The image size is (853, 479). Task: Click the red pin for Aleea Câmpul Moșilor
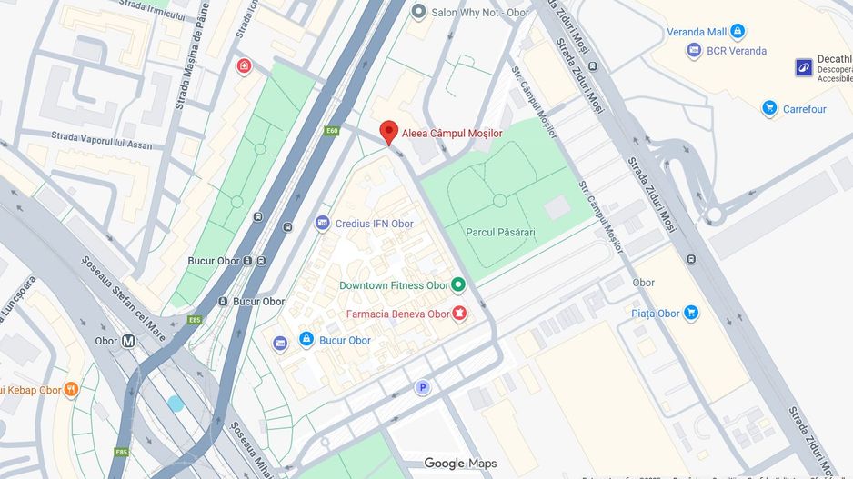click(x=389, y=132)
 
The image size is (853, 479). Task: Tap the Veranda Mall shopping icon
click(x=738, y=32)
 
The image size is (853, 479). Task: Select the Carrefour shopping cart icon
click(x=769, y=109)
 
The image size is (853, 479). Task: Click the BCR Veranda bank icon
click(x=695, y=51)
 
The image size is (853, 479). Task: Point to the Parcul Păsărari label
click(x=500, y=233)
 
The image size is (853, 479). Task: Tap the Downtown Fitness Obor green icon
click(x=458, y=285)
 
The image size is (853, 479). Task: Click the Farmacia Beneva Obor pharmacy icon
click(x=459, y=314)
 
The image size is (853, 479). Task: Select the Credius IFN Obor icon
click(x=322, y=224)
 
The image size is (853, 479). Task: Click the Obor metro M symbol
click(x=128, y=341)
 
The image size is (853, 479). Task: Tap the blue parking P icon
click(x=422, y=388)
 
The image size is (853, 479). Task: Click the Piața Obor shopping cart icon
click(x=691, y=314)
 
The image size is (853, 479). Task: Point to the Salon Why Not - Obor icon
click(x=418, y=11)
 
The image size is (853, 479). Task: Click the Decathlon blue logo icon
click(x=804, y=66)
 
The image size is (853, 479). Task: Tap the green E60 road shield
click(x=332, y=131)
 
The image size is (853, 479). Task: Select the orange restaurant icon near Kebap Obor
click(x=71, y=390)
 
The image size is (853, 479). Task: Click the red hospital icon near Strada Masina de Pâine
click(x=244, y=66)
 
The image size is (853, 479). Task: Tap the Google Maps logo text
click(x=460, y=464)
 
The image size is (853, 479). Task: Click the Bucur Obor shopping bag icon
click(x=307, y=340)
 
